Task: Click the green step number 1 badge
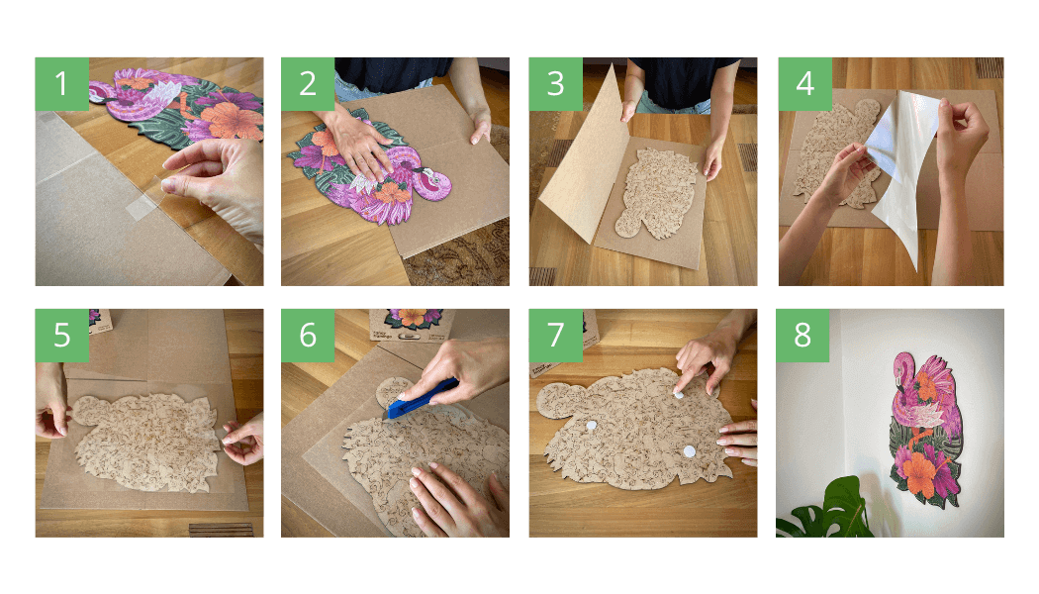tap(61, 83)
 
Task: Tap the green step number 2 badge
tap(308, 83)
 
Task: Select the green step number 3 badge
tap(555, 83)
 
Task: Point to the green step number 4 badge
tap(805, 83)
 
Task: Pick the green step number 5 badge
tap(61, 336)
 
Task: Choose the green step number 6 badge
tap(308, 336)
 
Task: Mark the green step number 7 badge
tap(555, 336)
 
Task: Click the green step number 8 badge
tap(803, 336)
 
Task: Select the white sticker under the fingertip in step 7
tap(679, 394)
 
